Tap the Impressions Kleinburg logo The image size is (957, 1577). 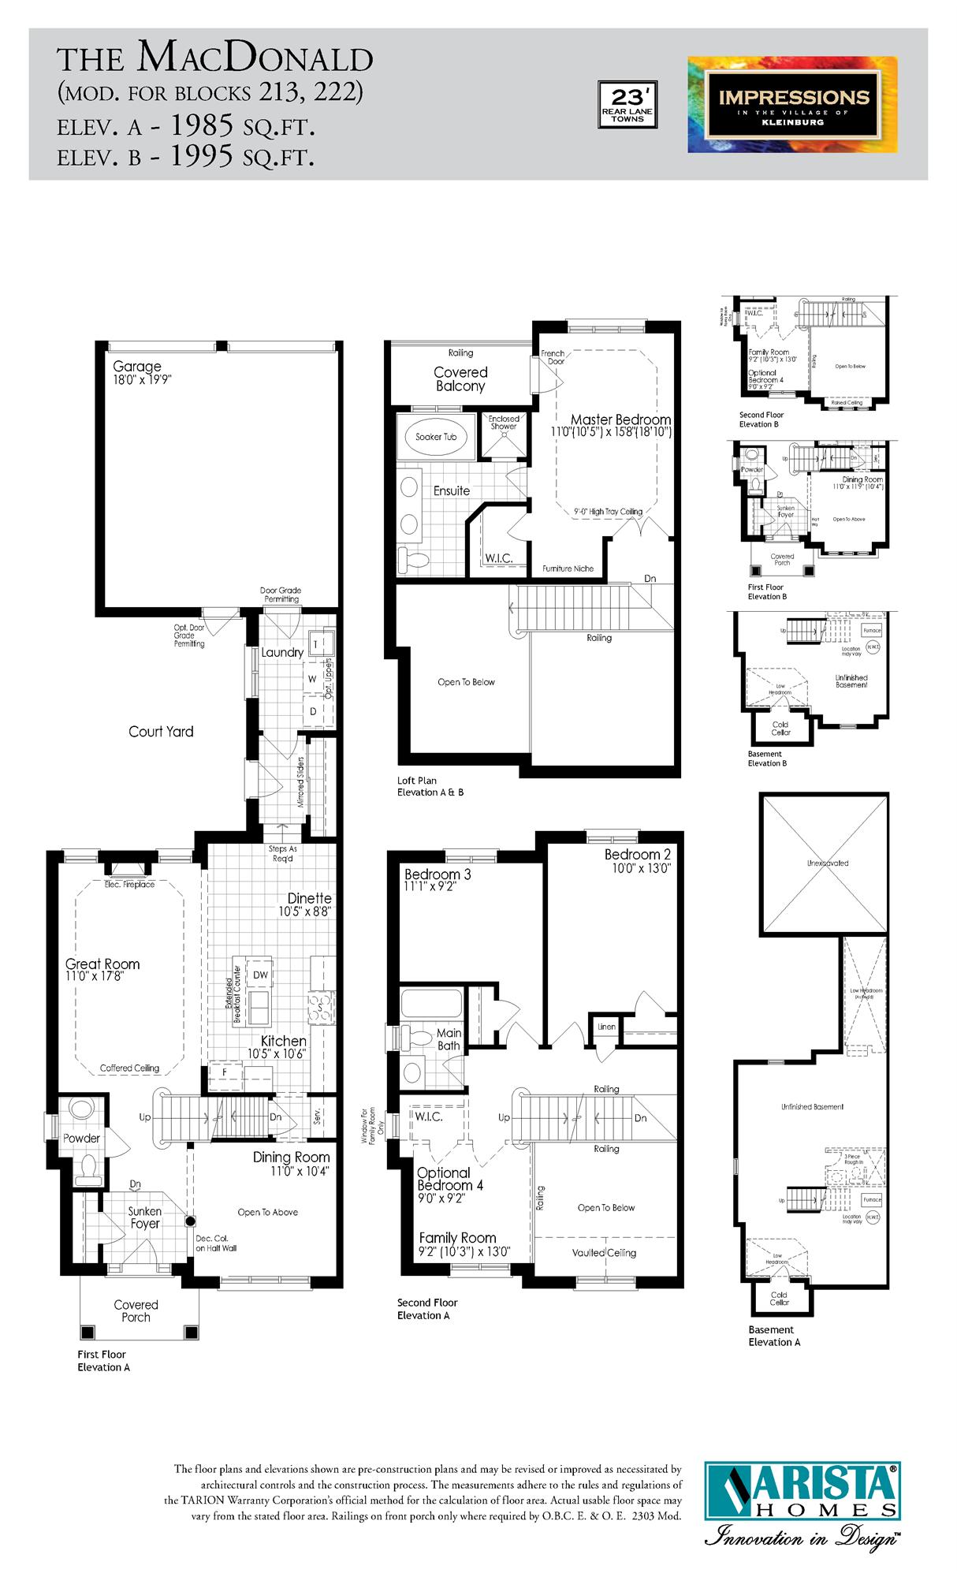tap(792, 104)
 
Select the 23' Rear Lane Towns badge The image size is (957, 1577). tap(627, 104)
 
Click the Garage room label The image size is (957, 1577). tap(136, 367)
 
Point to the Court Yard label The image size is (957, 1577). tap(161, 732)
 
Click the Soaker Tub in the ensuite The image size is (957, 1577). tap(436, 437)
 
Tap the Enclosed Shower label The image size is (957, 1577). tap(504, 423)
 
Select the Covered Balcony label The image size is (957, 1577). tap(460, 379)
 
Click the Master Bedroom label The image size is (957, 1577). tap(620, 419)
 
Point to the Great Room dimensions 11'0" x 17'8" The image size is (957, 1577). tap(95, 976)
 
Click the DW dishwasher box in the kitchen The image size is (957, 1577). tap(260, 975)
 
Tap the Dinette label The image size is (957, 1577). tap(309, 898)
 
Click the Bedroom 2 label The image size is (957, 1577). tap(638, 855)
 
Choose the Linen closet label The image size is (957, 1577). tap(606, 1027)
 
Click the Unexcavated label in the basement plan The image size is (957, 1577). tap(828, 863)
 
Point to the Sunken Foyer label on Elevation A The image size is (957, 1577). tap(145, 1217)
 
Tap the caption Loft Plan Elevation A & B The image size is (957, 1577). tap(430, 786)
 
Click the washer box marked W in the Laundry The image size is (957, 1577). tap(312, 679)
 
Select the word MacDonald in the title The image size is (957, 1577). tap(255, 58)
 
